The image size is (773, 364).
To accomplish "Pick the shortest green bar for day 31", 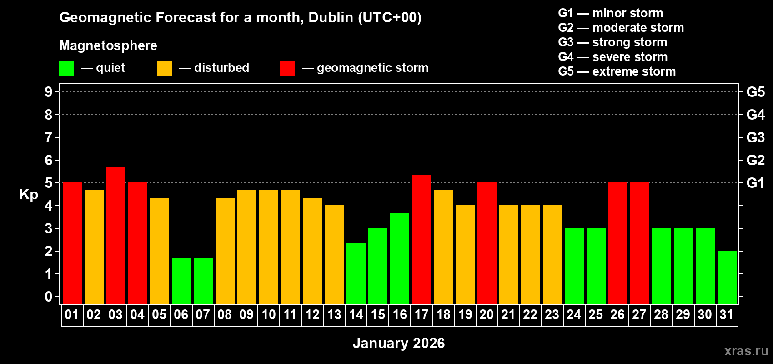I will coord(727,277).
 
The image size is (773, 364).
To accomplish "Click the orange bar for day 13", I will coord(334,254).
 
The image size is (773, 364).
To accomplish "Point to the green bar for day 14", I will coord(356,273).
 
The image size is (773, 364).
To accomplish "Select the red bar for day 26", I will coord(618,243).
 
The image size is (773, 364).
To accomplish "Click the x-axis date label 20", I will coord(487,314).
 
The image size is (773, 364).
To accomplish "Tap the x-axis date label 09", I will coord(246,314).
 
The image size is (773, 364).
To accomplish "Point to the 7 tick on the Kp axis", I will coord(49,137).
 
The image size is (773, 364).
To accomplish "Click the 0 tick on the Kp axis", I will coord(49,297).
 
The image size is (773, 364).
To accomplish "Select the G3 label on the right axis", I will coord(755,137).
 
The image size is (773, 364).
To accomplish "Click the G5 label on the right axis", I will coord(755,92).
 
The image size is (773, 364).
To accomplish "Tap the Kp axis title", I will coord(29,194).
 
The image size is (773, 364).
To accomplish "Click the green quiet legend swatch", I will coord(67,69).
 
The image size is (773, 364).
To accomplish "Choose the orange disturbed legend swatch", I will coord(165,69).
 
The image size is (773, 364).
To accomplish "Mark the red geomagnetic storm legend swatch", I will coord(287,69).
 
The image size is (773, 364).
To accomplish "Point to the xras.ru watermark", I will coord(746,350).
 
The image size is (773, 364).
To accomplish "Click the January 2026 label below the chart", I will coord(399,343).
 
